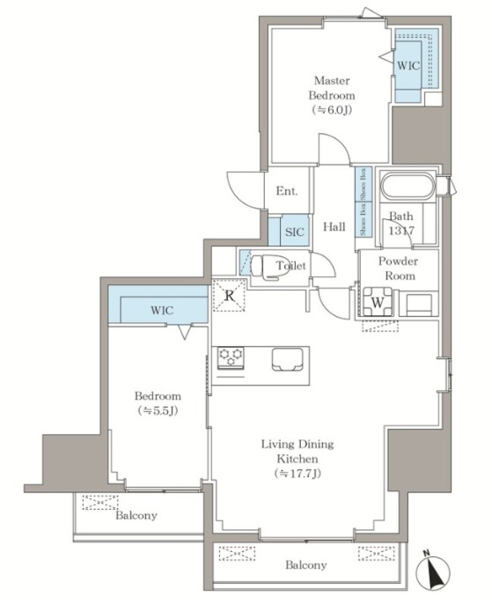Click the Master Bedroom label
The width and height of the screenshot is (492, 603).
click(332, 88)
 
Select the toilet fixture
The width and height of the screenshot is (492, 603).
click(269, 265)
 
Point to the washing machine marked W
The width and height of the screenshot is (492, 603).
click(378, 302)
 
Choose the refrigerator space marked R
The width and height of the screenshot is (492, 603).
click(230, 296)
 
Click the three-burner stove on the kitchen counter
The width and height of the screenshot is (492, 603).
click(231, 357)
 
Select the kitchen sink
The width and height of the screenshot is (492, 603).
click(287, 359)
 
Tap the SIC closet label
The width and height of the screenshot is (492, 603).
click(295, 232)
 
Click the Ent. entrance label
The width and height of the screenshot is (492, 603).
click(287, 191)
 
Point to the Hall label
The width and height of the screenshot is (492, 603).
click(334, 226)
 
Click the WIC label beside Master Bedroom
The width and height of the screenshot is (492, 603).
click(408, 66)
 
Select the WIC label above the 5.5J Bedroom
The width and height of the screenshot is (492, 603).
click(162, 310)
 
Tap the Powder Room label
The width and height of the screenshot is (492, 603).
click(399, 268)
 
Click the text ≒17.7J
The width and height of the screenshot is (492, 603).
click(297, 474)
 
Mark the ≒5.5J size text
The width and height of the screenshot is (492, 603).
click(158, 411)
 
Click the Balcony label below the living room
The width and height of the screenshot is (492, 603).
click(306, 565)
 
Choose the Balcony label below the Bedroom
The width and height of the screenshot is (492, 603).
click(136, 515)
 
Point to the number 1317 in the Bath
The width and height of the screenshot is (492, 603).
click(401, 231)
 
